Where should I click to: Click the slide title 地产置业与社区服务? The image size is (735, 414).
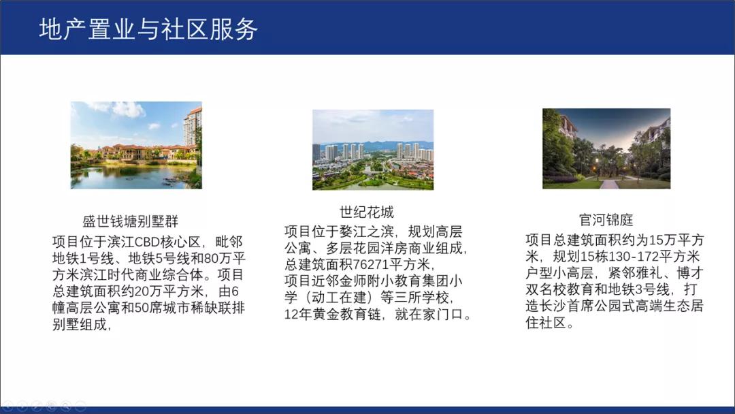pyautogui.click(x=148, y=30)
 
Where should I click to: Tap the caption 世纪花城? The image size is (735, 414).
pyautogui.click(x=367, y=211)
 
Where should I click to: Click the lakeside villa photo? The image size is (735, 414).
pyautogui.click(x=136, y=145)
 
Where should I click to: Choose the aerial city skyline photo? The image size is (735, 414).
pyautogui.click(x=373, y=150)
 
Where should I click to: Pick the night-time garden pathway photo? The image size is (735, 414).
pyautogui.click(x=606, y=148)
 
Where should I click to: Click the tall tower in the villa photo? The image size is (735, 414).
pyautogui.click(x=193, y=127)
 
